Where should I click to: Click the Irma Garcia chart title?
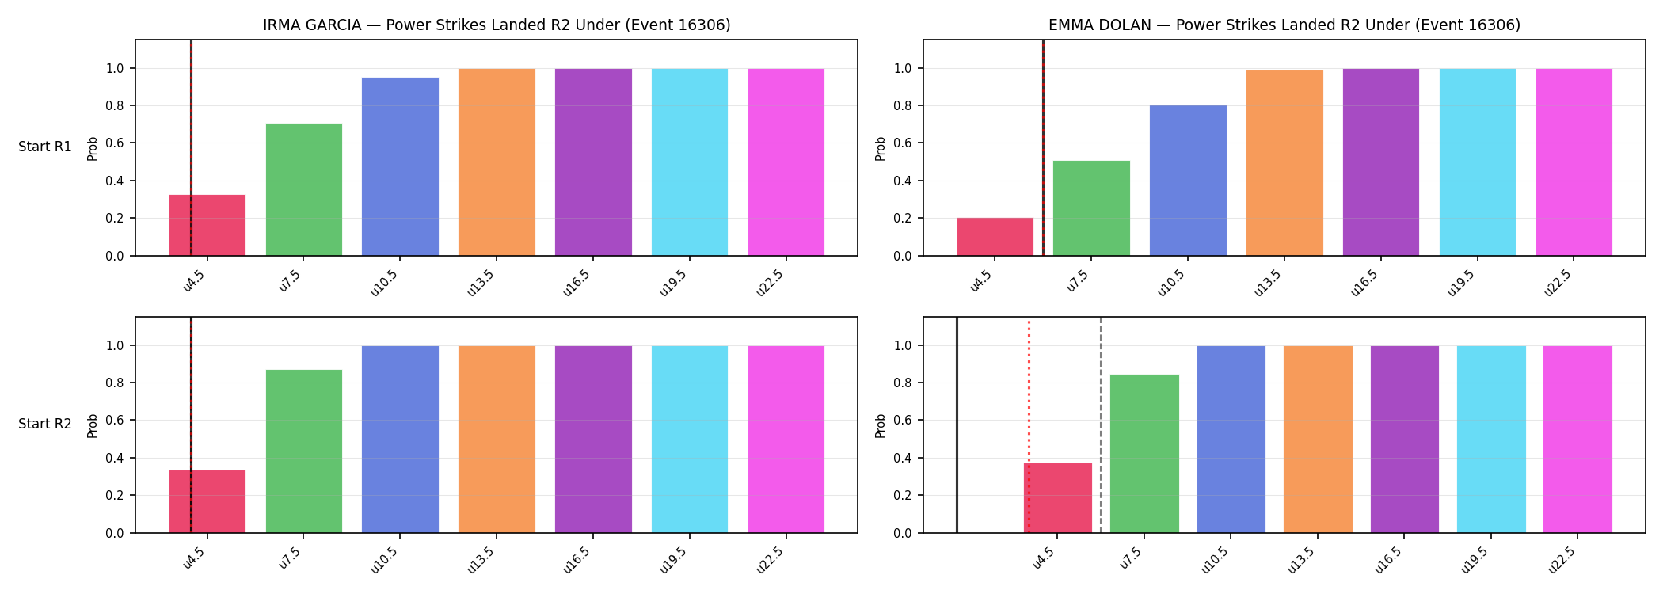pyautogui.click(x=497, y=25)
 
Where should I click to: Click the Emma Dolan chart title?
pyautogui.click(x=1284, y=25)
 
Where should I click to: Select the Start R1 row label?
pyautogui.click(x=45, y=147)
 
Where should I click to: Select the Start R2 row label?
pyautogui.click(x=45, y=424)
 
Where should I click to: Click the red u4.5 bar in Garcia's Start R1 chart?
pyautogui.click(x=207, y=225)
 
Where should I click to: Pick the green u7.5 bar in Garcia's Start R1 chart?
pyautogui.click(x=304, y=189)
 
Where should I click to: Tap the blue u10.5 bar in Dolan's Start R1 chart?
pyautogui.click(x=1188, y=181)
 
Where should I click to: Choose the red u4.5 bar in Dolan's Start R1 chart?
pyautogui.click(x=995, y=237)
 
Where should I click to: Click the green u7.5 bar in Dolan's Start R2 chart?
pyautogui.click(x=1144, y=454)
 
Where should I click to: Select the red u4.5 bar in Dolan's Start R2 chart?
pyautogui.click(x=1058, y=498)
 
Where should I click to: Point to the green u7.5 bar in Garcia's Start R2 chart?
pyautogui.click(x=304, y=451)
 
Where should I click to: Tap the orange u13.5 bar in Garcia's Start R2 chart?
pyautogui.click(x=497, y=440)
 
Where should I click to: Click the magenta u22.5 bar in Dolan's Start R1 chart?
pyautogui.click(x=1574, y=162)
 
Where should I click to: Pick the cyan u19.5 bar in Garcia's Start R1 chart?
pyautogui.click(x=690, y=162)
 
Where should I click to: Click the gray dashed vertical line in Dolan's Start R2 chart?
pyautogui.click(x=1101, y=425)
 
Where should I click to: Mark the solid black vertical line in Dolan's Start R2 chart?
pyautogui.click(x=957, y=425)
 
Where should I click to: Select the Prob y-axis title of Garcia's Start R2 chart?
pyautogui.click(x=93, y=425)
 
